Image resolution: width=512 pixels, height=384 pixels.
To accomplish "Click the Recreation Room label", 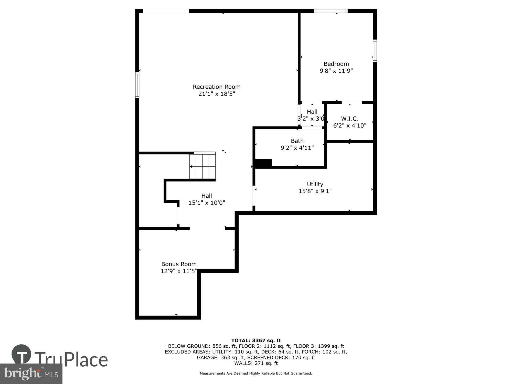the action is point(217,87).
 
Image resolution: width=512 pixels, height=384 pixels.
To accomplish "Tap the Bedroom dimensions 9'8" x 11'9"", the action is point(336,71).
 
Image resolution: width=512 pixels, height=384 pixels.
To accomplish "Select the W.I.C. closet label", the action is point(350,119).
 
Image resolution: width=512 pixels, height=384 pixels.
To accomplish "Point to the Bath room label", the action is point(297,141).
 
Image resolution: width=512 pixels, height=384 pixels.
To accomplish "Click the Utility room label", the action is point(315,184).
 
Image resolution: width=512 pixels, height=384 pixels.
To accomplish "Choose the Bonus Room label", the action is point(179,264).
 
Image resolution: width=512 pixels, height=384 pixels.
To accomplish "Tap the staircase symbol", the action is point(202,165).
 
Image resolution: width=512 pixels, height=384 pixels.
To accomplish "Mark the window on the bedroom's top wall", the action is point(331,11).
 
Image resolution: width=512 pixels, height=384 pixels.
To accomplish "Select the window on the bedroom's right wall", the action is point(375,51).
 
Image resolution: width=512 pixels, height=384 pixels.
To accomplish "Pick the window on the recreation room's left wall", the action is point(137,85).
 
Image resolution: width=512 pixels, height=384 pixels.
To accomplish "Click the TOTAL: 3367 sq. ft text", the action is point(256,340).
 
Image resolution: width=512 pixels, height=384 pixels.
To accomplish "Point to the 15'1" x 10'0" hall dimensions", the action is point(207,203).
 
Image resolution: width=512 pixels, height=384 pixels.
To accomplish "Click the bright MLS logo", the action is point(31,374).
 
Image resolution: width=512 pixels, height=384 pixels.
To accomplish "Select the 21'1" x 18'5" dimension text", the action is point(217,94).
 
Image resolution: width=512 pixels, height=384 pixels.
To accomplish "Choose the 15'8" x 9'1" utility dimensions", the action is point(315,191).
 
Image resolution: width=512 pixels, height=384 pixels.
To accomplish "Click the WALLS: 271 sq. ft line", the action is point(256,363).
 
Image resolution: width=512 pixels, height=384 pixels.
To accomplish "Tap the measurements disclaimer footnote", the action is point(256,373).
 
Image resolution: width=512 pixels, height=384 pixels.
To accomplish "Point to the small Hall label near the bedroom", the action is point(312,112).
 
